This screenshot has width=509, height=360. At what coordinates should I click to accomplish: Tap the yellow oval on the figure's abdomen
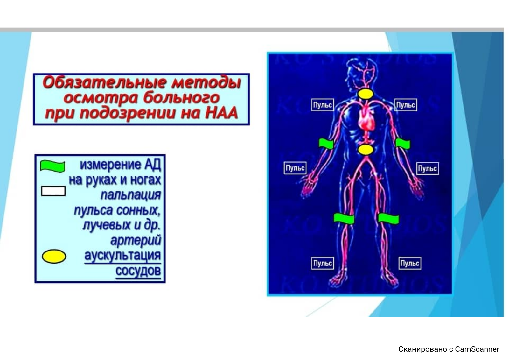[x=366, y=150]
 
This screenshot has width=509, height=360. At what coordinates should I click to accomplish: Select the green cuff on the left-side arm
[x=326, y=144]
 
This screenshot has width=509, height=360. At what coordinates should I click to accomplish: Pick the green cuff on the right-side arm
[x=403, y=144]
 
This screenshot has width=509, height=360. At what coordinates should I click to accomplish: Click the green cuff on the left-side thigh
[x=344, y=218]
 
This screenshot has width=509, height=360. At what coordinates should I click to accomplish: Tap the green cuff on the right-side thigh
[x=388, y=219]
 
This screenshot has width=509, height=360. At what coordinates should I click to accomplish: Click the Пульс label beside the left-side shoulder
[x=323, y=105]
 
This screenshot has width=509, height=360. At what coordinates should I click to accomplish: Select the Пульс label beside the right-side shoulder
[x=406, y=105]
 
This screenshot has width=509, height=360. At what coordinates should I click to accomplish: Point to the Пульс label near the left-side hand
[x=295, y=168]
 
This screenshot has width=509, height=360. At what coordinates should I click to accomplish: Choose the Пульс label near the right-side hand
[x=428, y=168]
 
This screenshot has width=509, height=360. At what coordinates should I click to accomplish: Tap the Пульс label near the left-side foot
[x=323, y=263]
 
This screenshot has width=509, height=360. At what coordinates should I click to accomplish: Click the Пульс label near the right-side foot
[x=410, y=263]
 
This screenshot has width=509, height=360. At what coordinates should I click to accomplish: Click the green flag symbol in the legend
[x=53, y=166]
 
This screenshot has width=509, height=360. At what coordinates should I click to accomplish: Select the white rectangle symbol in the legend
[x=53, y=191]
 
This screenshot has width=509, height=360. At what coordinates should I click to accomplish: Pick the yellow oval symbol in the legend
[x=54, y=257]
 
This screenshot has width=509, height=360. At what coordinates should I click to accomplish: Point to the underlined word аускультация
[x=122, y=256]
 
